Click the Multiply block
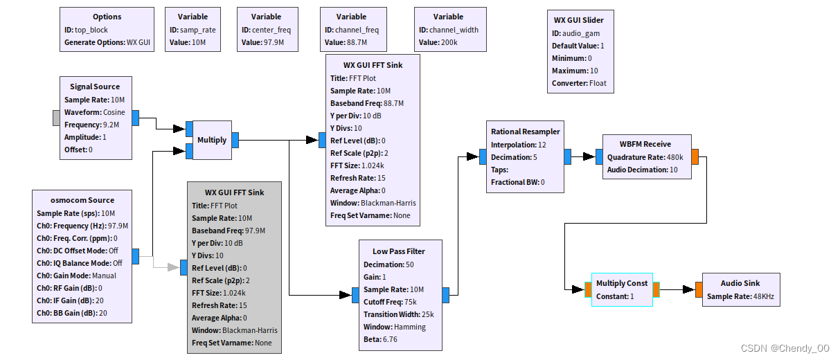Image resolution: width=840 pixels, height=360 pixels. (212, 140)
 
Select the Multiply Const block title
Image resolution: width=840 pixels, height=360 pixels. (622, 283)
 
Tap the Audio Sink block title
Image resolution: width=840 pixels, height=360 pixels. (740, 283)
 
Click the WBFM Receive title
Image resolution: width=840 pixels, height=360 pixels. (645, 144)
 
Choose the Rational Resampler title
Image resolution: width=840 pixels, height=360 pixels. (525, 132)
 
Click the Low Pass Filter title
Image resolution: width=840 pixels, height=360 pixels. (398, 251)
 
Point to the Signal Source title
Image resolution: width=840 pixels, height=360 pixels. (95, 87)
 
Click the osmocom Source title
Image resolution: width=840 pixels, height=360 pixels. (82, 200)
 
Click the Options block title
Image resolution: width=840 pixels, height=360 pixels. (107, 17)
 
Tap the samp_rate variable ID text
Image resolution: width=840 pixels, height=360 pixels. (193, 30)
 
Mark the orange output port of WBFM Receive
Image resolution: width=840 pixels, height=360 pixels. (695, 156)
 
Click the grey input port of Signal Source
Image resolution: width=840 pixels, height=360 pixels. (56, 118)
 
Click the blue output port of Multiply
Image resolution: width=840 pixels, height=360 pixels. (235, 140)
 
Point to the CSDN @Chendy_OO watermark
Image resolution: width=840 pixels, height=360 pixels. (785, 348)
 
